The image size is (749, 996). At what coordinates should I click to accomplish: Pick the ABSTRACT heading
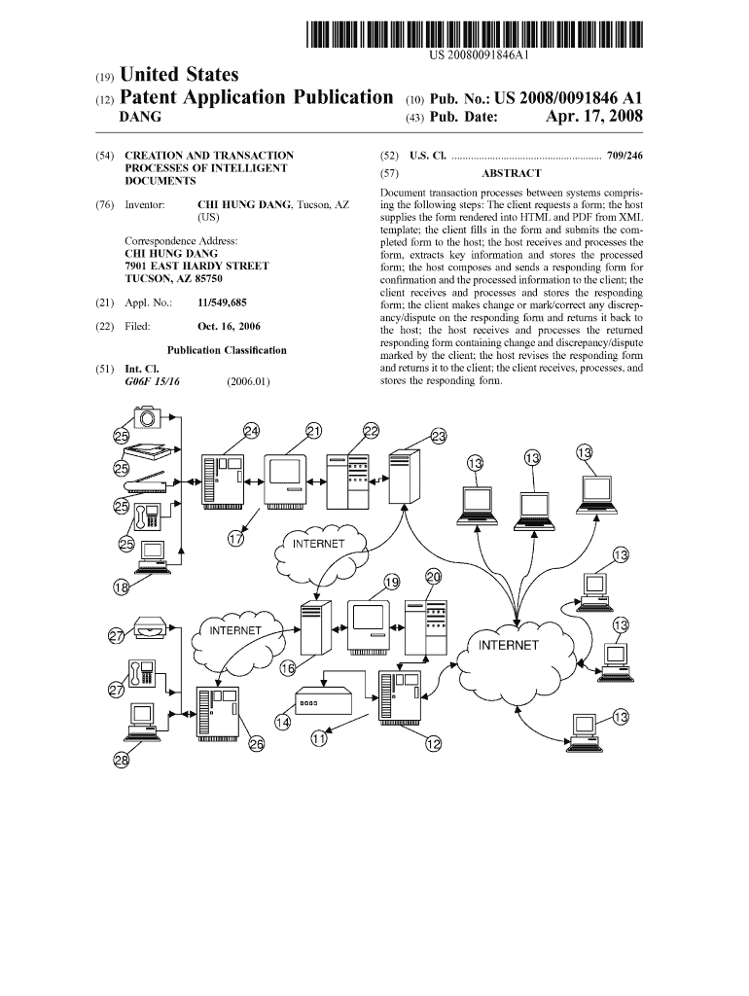(x=512, y=173)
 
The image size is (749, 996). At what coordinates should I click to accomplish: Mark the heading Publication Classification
(x=227, y=350)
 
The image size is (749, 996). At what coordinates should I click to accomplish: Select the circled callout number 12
(x=434, y=744)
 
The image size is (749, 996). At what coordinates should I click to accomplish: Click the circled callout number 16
(x=288, y=668)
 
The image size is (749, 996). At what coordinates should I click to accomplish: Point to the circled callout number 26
(x=256, y=746)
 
